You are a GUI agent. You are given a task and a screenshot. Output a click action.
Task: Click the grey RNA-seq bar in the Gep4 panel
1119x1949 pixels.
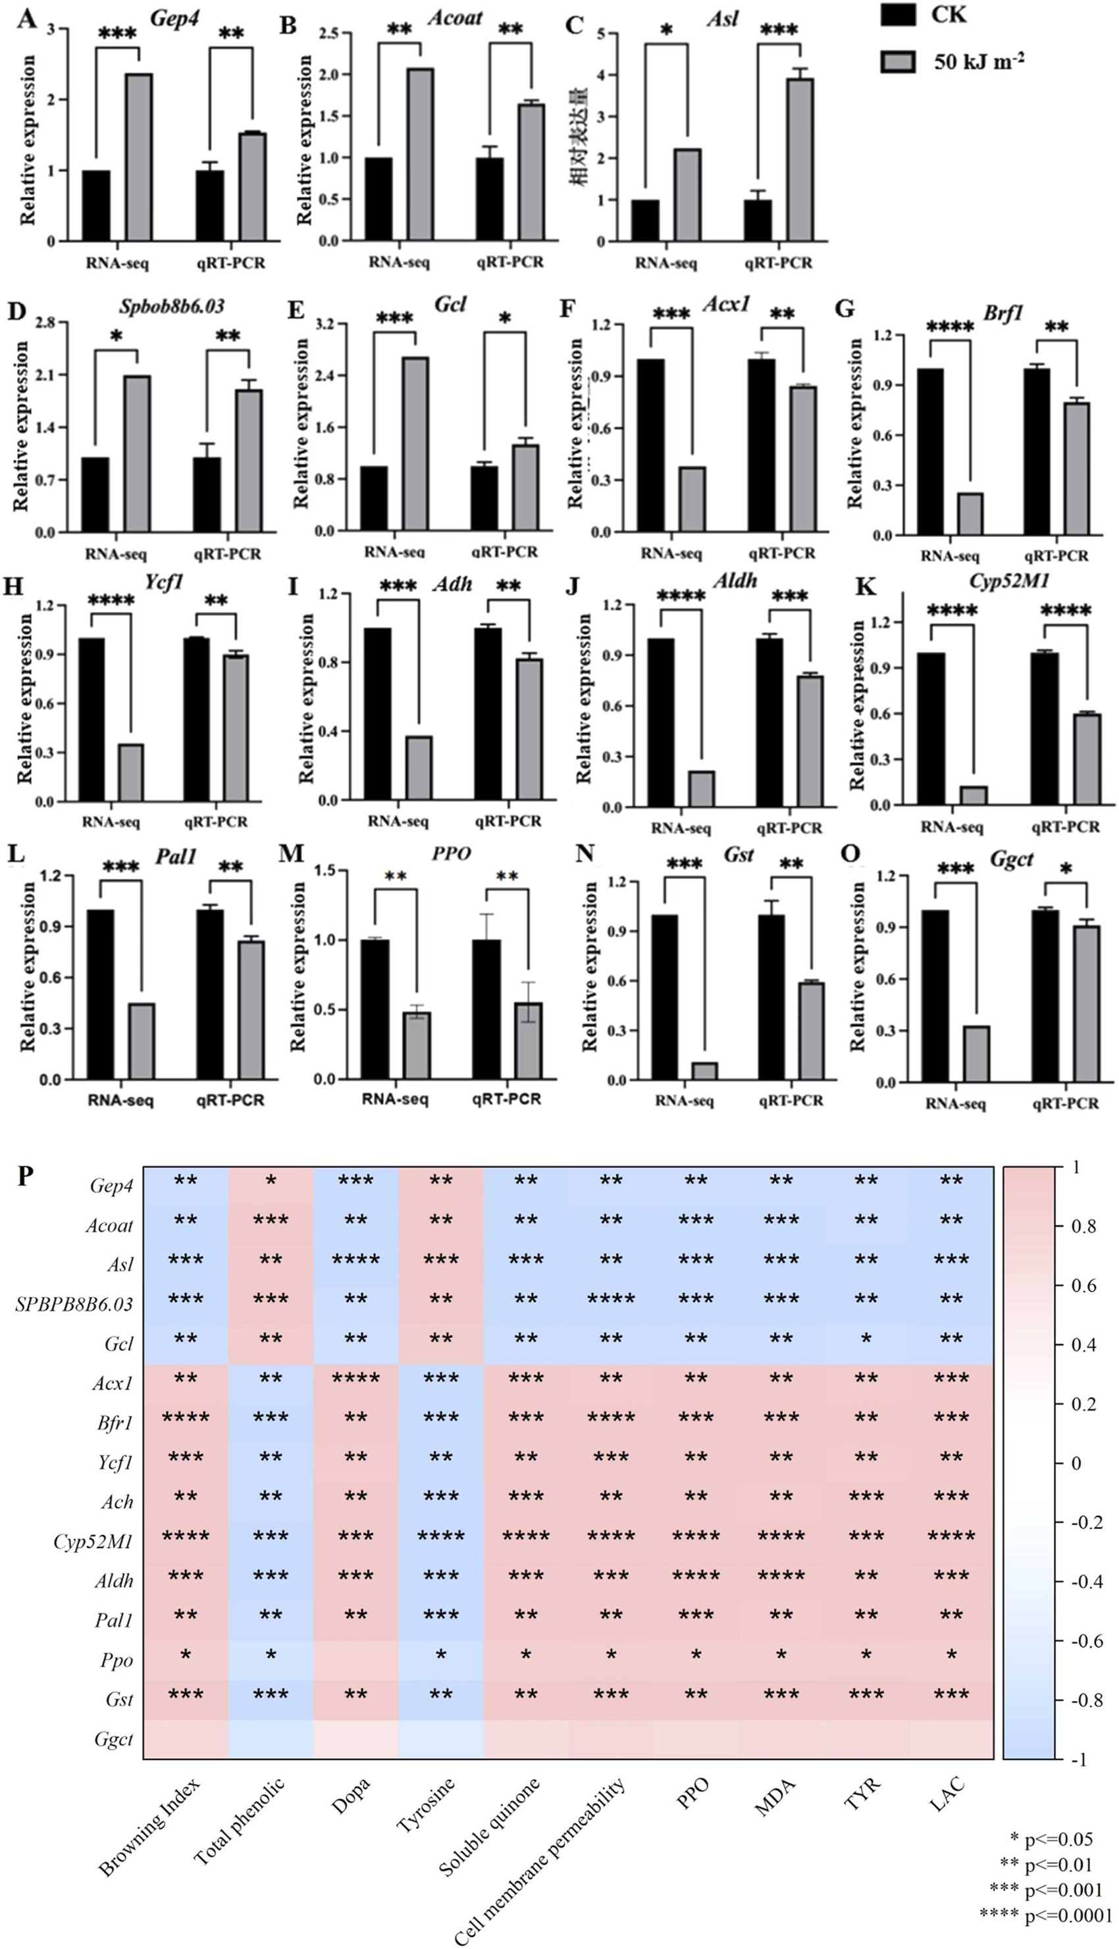(x=138, y=157)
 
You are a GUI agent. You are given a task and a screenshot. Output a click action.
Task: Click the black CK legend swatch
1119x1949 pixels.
(x=898, y=15)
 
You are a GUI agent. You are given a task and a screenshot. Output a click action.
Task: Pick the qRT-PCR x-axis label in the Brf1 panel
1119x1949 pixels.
(x=1056, y=556)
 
